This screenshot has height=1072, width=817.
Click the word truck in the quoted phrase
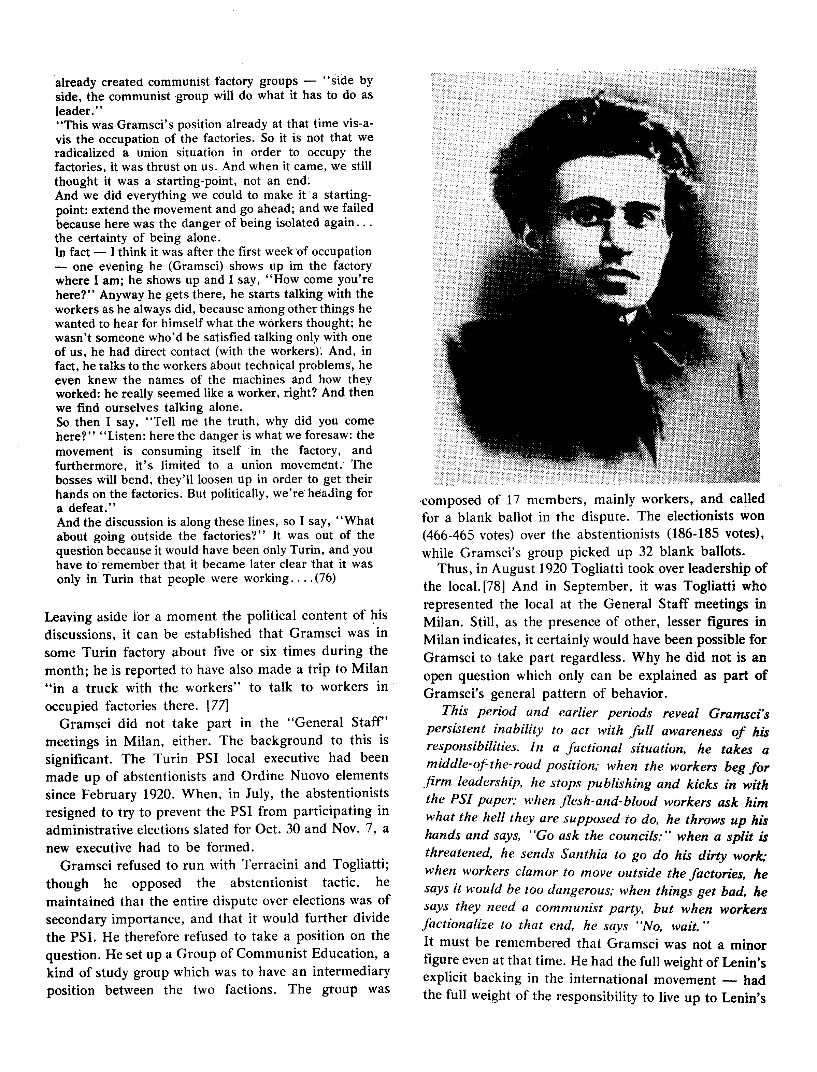[106, 688]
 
